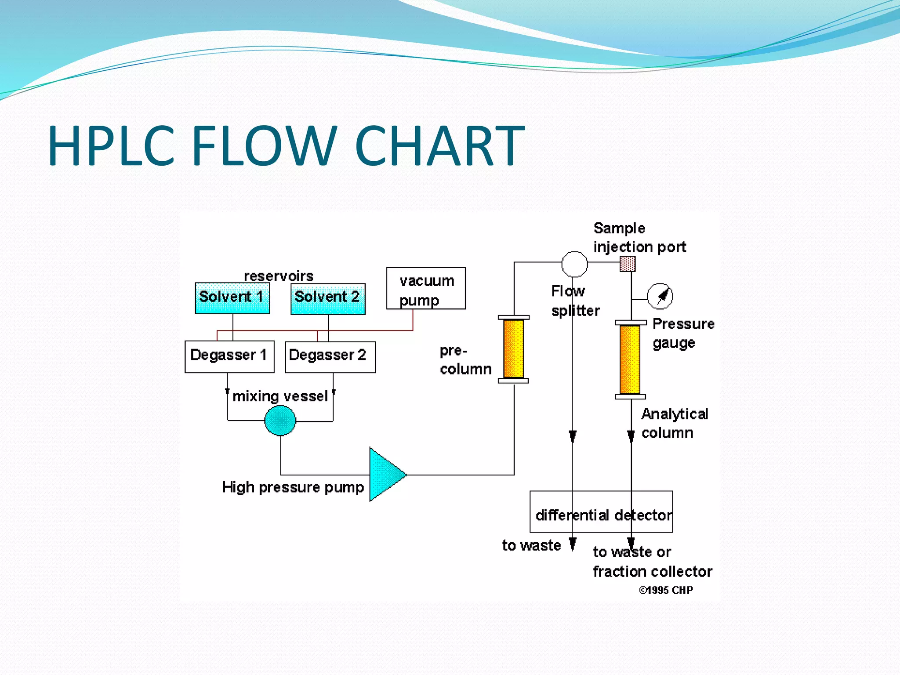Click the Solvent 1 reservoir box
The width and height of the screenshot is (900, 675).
tap(232, 298)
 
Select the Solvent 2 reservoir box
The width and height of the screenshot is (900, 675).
tap(328, 298)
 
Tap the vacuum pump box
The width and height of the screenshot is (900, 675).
tap(426, 288)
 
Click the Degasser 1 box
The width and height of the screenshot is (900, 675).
tap(229, 356)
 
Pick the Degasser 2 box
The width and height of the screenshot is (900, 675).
tap(330, 357)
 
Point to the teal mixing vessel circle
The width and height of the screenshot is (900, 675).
tap(280, 421)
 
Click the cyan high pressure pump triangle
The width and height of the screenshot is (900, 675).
tap(385, 474)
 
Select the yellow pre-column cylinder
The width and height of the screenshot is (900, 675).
tap(513, 349)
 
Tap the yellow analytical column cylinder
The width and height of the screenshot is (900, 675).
tap(630, 359)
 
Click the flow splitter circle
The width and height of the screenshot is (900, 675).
tap(574, 264)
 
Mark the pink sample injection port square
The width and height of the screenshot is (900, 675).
tap(628, 264)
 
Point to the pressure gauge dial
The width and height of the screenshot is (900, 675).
tap(660, 296)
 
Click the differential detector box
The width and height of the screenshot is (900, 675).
tap(601, 512)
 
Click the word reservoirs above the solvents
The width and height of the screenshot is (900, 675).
tap(279, 276)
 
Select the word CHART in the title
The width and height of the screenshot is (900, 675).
tap(439, 146)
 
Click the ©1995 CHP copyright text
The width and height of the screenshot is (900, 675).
tap(666, 590)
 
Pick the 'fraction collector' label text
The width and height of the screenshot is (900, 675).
tap(652, 571)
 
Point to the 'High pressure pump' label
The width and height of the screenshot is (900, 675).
tap(293, 487)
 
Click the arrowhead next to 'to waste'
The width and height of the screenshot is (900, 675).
tap(573, 544)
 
